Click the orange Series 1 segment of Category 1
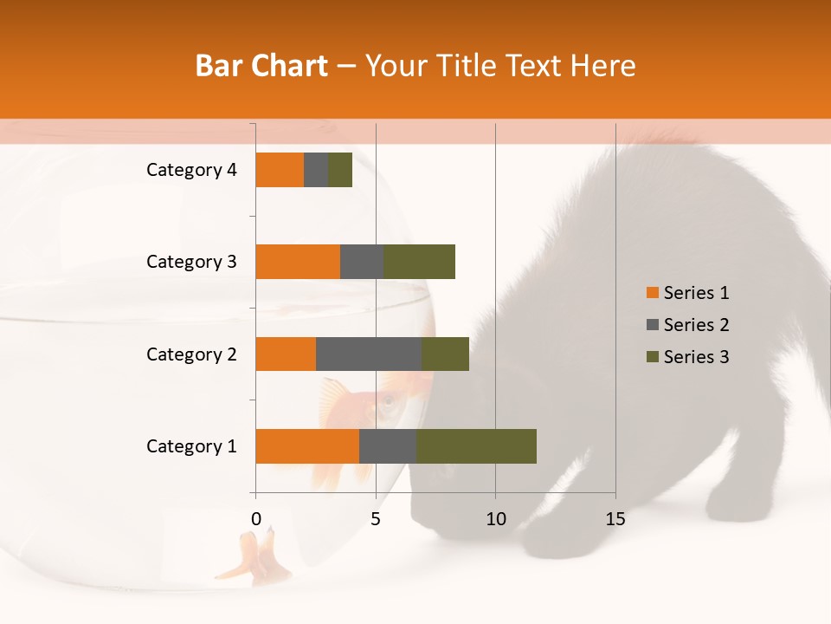(x=307, y=446)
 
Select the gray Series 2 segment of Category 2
(x=369, y=354)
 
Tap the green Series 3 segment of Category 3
(x=419, y=262)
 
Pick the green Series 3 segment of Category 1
(x=476, y=446)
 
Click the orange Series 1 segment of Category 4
(x=280, y=170)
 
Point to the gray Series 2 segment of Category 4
(x=316, y=170)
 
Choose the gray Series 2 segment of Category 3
(x=362, y=262)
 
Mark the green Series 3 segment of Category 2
(x=445, y=354)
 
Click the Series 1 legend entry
(x=687, y=293)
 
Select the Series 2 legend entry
(x=687, y=325)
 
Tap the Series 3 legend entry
(x=687, y=357)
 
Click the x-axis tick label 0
(x=256, y=519)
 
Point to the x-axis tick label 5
(x=376, y=519)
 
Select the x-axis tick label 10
(x=495, y=519)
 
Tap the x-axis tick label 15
(x=615, y=519)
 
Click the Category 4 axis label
(x=191, y=170)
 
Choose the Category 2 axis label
(x=191, y=354)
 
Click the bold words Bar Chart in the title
(x=261, y=66)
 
